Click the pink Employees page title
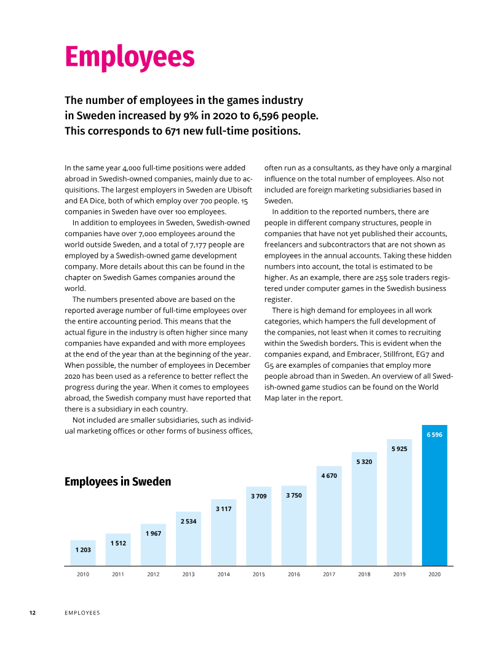pyautogui.click(x=130, y=58)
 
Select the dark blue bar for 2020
pyautogui.click(x=434, y=495)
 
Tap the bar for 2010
pyautogui.click(x=82, y=553)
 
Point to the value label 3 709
pyautogui.click(x=259, y=496)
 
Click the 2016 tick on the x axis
pyautogui.click(x=294, y=574)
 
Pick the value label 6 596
pyautogui.click(x=434, y=434)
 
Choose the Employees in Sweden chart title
pyautogui.click(x=117, y=482)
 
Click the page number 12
pyautogui.click(x=33, y=613)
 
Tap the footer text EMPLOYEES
pyautogui.click(x=82, y=613)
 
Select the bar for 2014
pyautogui.click(x=223, y=532)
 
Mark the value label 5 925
pyautogui.click(x=399, y=448)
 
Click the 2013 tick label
pyautogui.click(x=188, y=574)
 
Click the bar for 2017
pyautogui.click(x=329, y=516)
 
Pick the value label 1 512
pyautogui.click(x=118, y=543)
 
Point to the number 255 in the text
pyautogui.click(x=381, y=278)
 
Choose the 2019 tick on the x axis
pyautogui.click(x=399, y=574)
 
